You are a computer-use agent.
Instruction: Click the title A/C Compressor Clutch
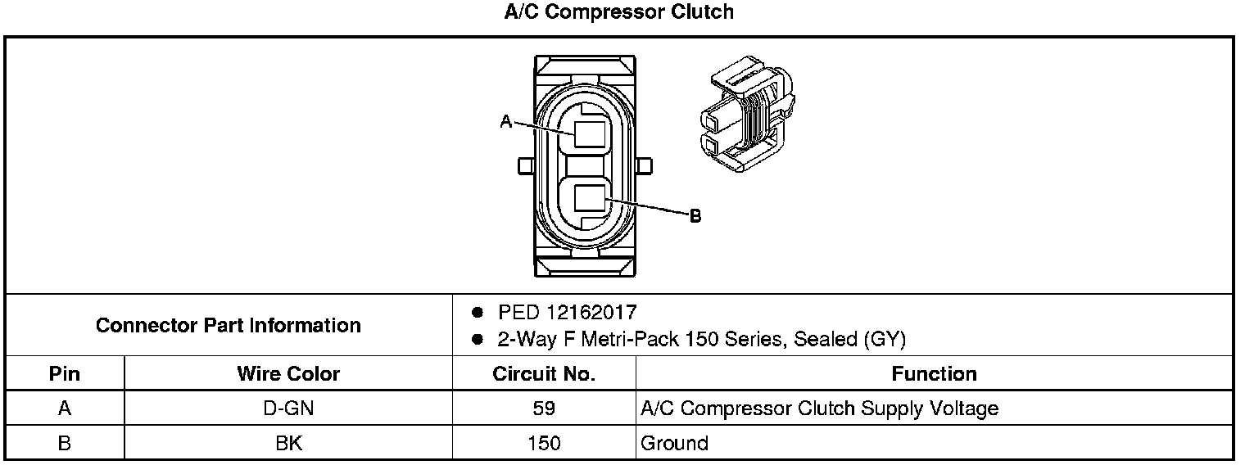tap(618, 11)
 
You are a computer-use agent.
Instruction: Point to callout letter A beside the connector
tap(506, 121)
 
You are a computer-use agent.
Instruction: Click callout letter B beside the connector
tap(695, 215)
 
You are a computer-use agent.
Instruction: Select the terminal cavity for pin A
tap(589, 134)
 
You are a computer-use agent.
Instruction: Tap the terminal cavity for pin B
tap(589, 198)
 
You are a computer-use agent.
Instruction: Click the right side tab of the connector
tap(644, 166)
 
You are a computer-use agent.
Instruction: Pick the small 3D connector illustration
tap(748, 113)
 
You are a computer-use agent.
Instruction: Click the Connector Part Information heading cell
tap(229, 326)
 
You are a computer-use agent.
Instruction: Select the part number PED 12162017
tap(567, 313)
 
